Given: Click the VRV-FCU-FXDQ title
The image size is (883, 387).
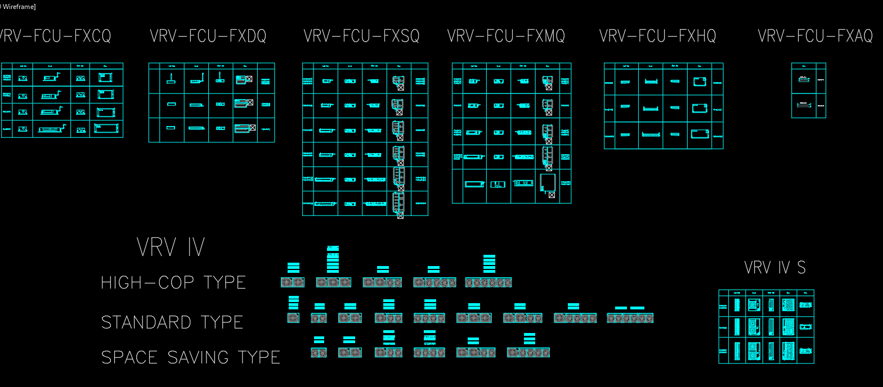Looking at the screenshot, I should pyautogui.click(x=208, y=37).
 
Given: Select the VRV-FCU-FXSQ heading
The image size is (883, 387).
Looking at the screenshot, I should pyautogui.click(x=361, y=37).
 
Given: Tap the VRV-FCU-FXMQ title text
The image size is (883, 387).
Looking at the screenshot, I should pyautogui.click(x=506, y=37).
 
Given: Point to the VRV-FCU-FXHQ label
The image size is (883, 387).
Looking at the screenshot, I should pyautogui.click(x=657, y=37).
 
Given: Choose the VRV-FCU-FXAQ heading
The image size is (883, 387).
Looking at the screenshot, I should pyautogui.click(x=815, y=37).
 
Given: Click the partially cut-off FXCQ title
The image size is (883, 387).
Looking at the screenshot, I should pyautogui.click(x=55, y=37).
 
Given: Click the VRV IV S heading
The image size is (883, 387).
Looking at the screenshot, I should pyautogui.click(x=774, y=268).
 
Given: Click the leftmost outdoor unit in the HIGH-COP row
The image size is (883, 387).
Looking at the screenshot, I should pyautogui.click(x=293, y=282).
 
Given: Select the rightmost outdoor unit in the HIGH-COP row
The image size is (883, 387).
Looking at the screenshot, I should pyautogui.click(x=488, y=282).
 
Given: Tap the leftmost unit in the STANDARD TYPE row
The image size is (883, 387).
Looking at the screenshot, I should pyautogui.click(x=293, y=318).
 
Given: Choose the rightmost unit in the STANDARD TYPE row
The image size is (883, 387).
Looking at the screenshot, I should pyautogui.click(x=630, y=318).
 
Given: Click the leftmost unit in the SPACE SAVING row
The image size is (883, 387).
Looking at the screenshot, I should pyautogui.click(x=319, y=353).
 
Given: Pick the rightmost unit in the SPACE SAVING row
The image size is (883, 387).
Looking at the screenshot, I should pyautogui.click(x=528, y=353).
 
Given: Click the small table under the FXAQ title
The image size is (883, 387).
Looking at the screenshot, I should pyautogui.click(x=809, y=91).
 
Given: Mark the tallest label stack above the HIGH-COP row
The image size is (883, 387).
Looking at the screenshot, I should pyautogui.click(x=333, y=259).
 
